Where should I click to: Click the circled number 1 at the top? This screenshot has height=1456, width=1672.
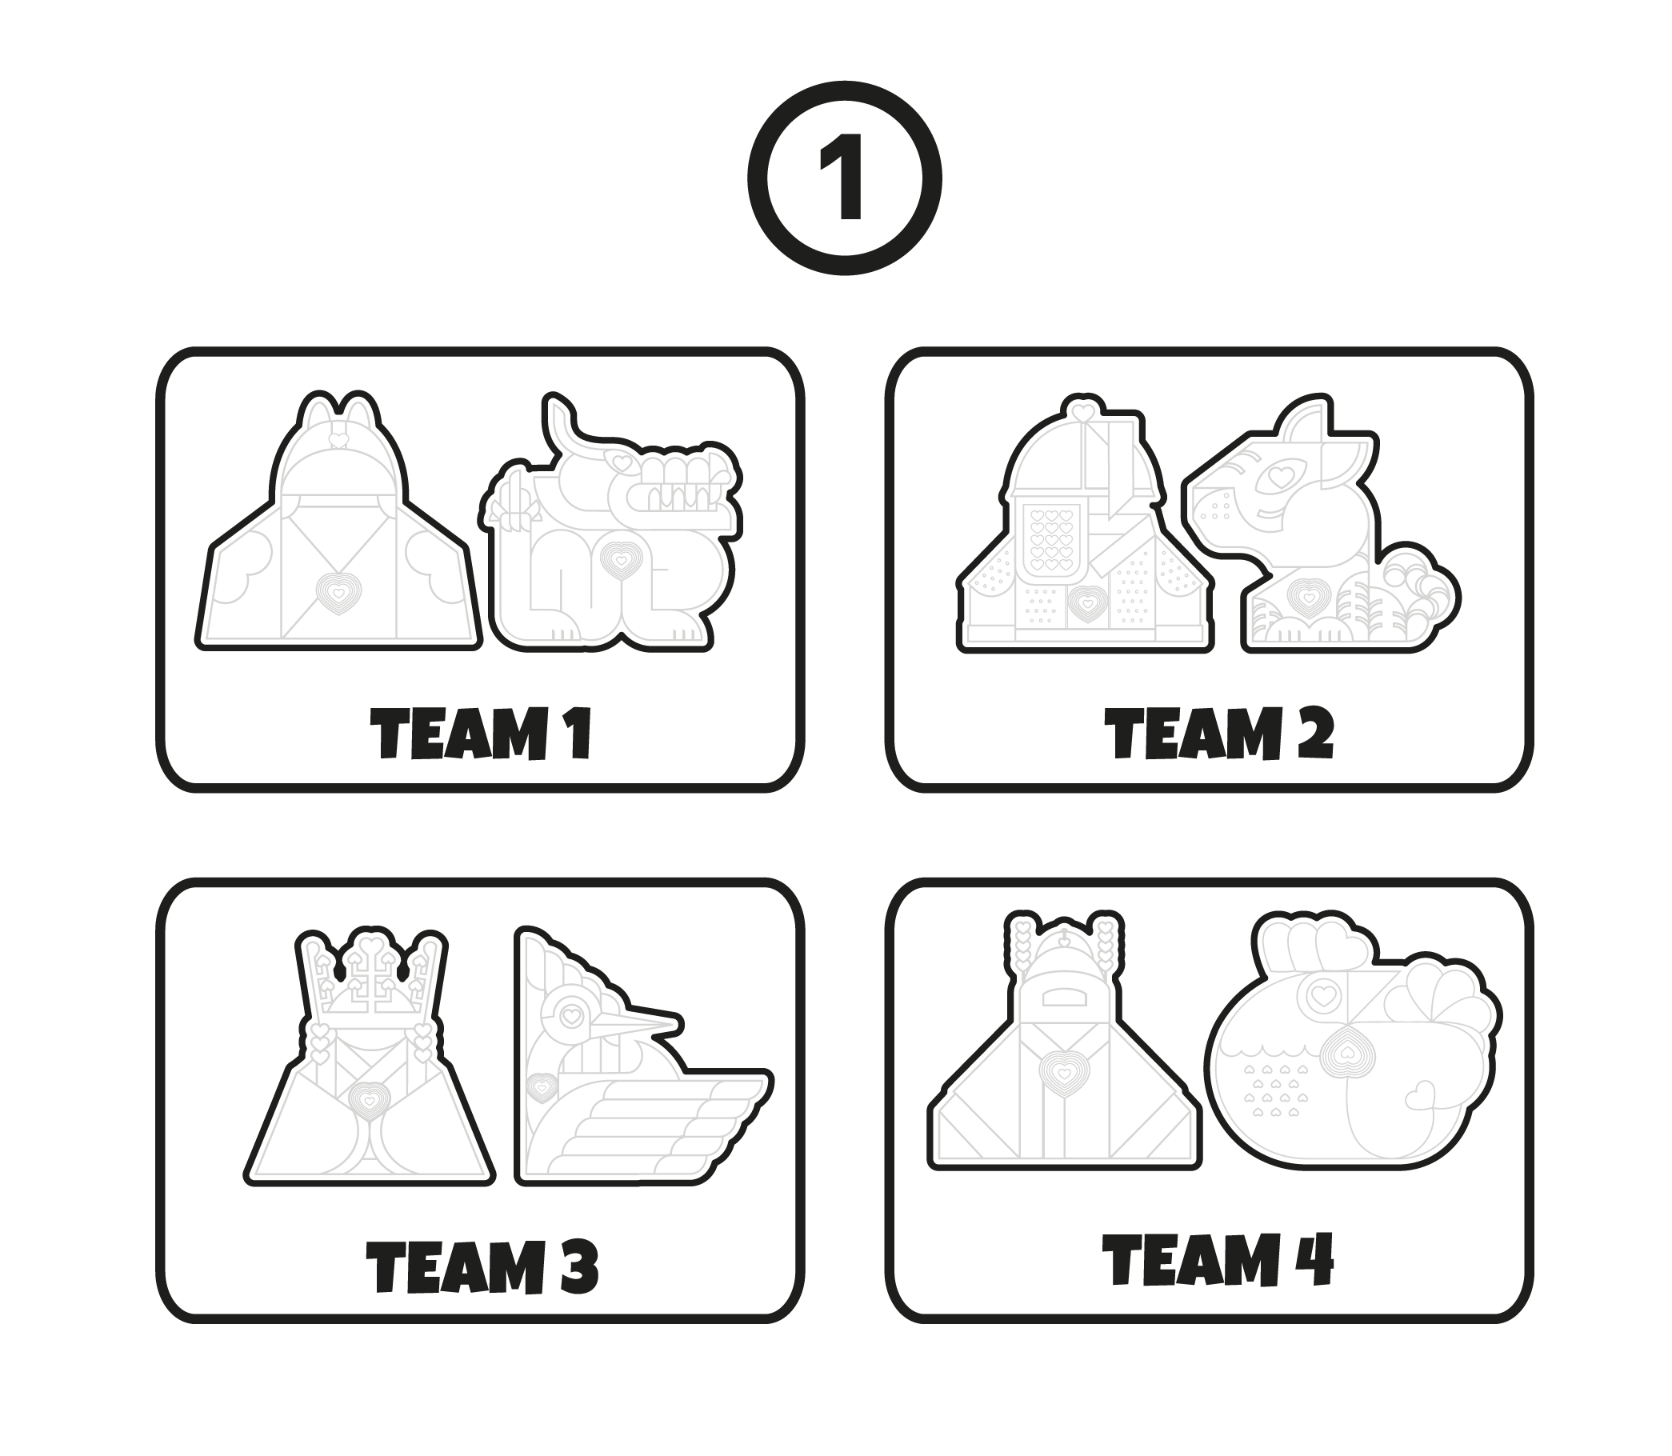tap(844, 177)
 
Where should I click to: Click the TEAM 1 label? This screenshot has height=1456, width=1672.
tap(480, 734)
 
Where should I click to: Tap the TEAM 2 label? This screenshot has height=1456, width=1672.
tap(1218, 733)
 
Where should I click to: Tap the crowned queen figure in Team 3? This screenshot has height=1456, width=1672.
tap(370, 1057)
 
